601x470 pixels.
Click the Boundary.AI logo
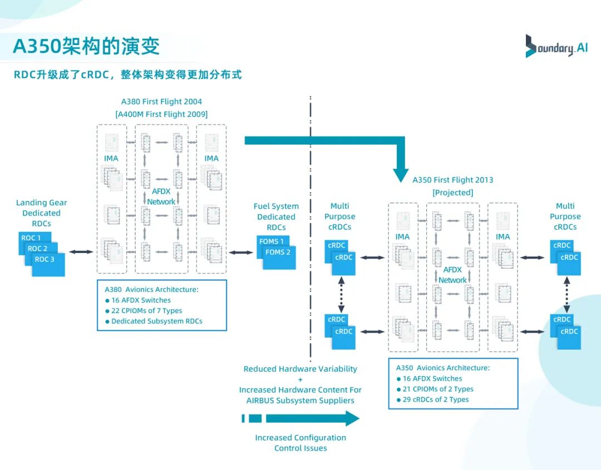point(556,47)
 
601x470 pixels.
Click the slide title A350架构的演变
point(86,46)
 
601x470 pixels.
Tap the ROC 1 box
point(32,238)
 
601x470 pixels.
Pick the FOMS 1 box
point(271,241)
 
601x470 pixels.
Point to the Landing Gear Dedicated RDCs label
point(41,213)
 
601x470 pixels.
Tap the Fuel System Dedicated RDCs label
point(276,217)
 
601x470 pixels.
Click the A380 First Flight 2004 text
point(161,102)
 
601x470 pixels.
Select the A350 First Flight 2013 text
point(452,180)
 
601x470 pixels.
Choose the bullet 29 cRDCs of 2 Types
point(436,400)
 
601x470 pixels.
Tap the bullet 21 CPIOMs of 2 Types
point(438,389)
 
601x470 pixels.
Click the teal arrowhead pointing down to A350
point(400,172)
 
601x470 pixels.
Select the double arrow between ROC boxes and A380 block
point(81,252)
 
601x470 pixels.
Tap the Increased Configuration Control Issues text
point(300,443)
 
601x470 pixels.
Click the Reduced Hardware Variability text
point(300,369)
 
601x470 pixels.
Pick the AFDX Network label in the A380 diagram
point(161,196)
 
